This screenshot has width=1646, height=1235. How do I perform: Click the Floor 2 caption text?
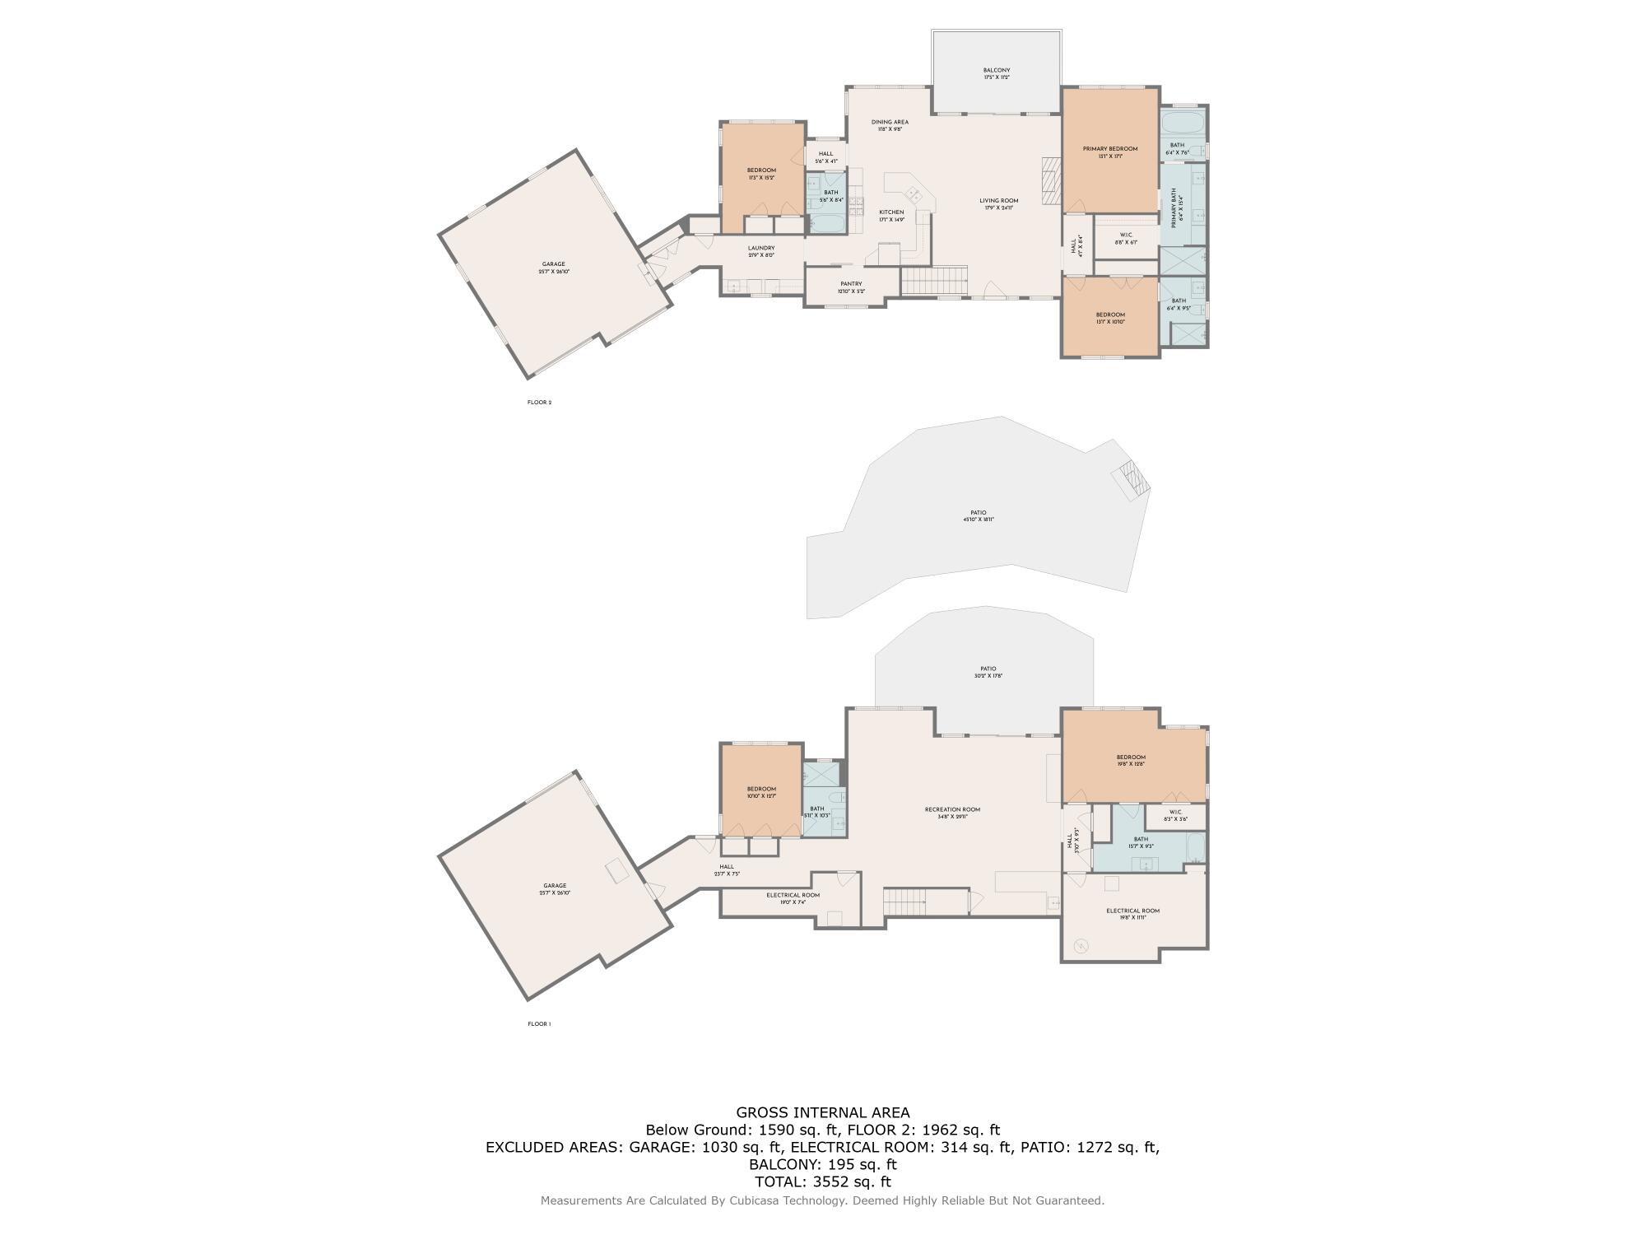[x=539, y=403]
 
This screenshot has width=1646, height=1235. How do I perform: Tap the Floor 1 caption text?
[x=539, y=1024]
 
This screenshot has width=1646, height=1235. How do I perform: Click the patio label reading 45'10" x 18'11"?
[x=978, y=516]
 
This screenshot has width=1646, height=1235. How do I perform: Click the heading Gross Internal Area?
[x=822, y=1113]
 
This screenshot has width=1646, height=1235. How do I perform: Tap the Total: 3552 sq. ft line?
[x=822, y=1181]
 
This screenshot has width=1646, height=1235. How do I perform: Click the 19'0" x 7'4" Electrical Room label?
[x=793, y=898]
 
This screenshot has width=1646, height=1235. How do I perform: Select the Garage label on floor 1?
[x=555, y=889]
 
